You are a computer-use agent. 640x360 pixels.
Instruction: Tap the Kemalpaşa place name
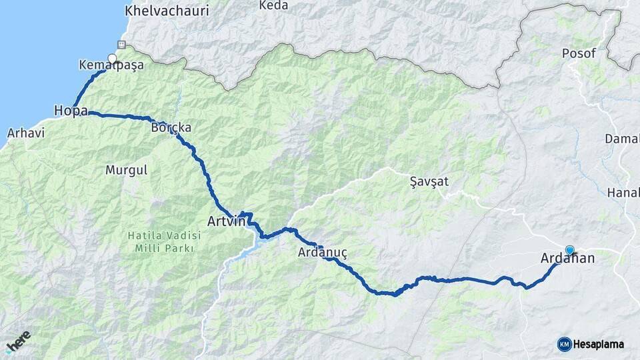point(111,66)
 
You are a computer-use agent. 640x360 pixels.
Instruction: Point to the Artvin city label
point(227,221)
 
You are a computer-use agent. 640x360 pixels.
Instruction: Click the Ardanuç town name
point(323,253)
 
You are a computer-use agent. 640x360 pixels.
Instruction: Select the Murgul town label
point(126,170)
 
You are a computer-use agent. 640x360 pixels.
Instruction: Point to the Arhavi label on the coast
point(25,133)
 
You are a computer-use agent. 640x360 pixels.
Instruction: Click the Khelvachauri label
point(166,11)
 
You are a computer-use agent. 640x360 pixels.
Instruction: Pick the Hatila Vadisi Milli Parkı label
point(161,241)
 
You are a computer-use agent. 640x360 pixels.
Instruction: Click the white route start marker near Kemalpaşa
point(112,58)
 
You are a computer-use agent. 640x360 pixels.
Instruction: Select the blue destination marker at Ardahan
point(570,250)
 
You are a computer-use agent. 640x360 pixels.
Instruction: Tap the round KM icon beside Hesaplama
point(564,344)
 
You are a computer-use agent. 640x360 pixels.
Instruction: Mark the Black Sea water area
point(33,47)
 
